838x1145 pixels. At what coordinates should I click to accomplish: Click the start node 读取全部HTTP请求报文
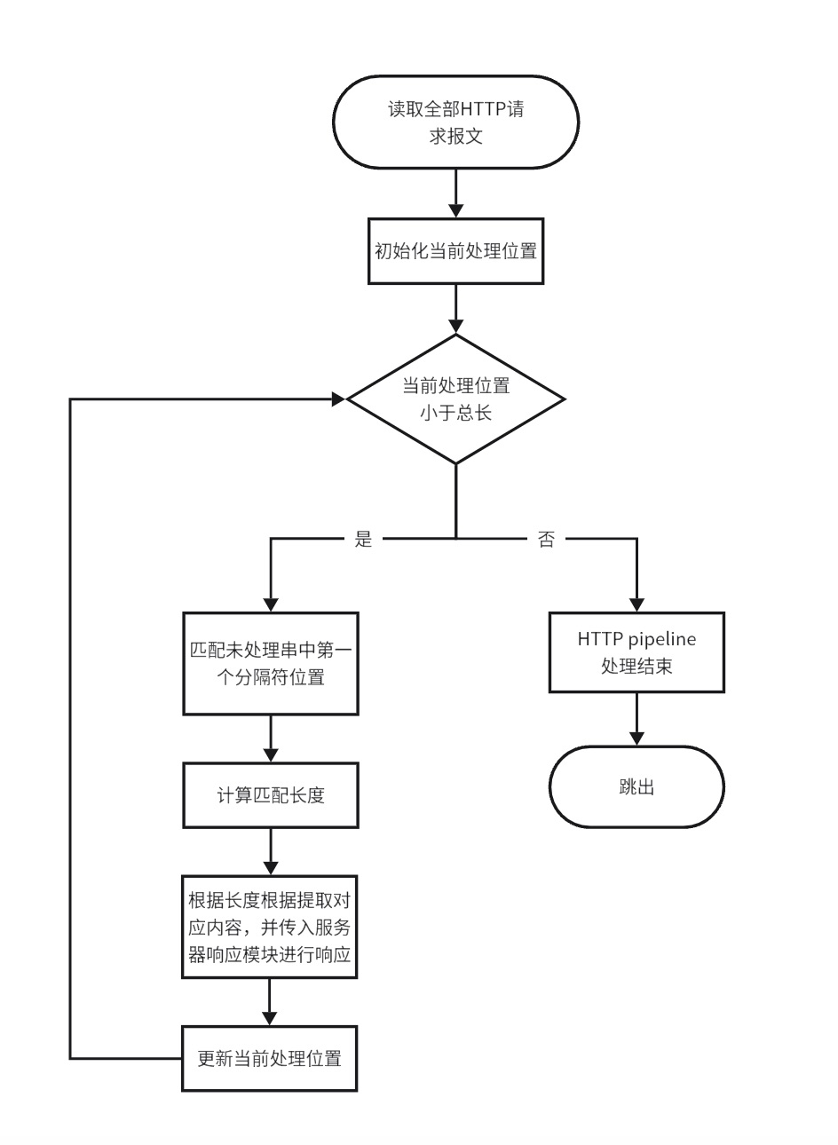[455, 123]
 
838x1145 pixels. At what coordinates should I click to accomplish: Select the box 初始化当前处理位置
[455, 251]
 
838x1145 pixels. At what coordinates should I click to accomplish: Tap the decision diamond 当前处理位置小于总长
[455, 399]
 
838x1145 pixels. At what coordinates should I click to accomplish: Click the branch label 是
[362, 540]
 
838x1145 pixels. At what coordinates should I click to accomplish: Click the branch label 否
[546, 540]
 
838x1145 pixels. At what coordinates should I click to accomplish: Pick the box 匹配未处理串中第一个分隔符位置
[270, 663]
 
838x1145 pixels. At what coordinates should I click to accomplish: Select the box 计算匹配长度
[270, 794]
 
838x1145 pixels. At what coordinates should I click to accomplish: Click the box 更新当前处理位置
[270, 1058]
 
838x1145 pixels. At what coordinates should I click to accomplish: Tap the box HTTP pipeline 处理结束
[636, 651]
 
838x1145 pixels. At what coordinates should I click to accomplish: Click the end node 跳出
[636, 786]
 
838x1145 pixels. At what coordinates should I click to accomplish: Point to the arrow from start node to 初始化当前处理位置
[455, 193]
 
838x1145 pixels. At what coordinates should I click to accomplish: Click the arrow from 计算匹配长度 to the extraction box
[270, 852]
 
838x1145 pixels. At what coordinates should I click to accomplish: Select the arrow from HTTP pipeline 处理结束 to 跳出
[636, 719]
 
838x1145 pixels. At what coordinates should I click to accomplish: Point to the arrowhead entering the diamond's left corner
[338, 399]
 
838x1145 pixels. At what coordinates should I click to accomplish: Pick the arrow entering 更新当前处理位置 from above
[270, 1002]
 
